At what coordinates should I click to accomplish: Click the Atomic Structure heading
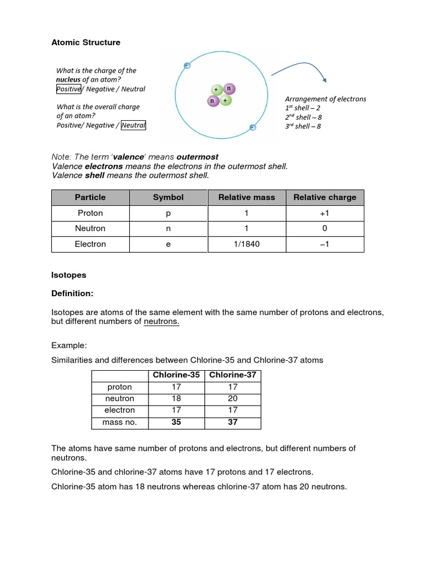[x=86, y=42]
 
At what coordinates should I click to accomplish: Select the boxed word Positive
[x=68, y=89]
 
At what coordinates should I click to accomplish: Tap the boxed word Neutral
[x=133, y=125]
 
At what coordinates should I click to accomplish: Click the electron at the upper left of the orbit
[x=187, y=66]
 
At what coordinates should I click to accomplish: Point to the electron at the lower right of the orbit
[x=252, y=127]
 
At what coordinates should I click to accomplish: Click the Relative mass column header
[x=246, y=198]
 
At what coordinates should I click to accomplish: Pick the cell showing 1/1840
[x=246, y=244]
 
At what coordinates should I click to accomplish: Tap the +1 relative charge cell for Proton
[x=325, y=213]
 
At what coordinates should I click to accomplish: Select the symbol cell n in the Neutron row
[x=168, y=228]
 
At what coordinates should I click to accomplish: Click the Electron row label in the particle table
[x=90, y=244]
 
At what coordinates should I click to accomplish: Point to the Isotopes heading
[x=68, y=275]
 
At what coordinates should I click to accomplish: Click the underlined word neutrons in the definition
[x=161, y=322]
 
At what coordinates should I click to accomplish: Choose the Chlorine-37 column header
[x=232, y=375]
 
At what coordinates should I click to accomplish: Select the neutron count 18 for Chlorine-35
[x=176, y=398]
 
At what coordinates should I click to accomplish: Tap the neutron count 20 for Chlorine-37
[x=232, y=398]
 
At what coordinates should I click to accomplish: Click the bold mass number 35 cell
[x=176, y=422]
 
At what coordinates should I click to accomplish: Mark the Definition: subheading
[x=72, y=294]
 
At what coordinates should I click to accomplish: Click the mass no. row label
[x=120, y=422]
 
